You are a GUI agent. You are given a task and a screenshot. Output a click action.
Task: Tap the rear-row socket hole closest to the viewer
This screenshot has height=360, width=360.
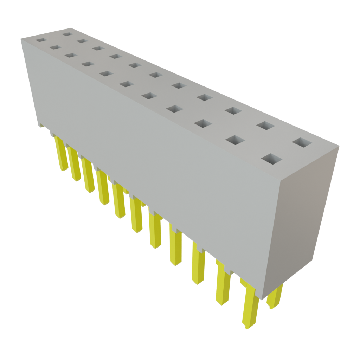[x=302, y=143]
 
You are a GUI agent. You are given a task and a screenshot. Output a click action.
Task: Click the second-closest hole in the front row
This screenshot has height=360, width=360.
[x=235, y=140]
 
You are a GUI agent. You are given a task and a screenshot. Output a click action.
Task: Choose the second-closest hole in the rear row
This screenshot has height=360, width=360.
[x=265, y=125]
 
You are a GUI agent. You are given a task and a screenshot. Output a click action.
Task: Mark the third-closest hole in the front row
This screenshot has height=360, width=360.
[x=203, y=123]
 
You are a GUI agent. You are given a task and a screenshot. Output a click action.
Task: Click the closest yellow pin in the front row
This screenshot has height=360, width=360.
[x=250, y=306]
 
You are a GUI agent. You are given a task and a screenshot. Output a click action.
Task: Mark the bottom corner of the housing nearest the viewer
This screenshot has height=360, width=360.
[x=261, y=299]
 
